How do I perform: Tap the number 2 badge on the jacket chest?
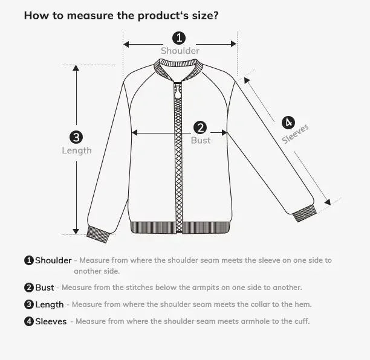[201, 127]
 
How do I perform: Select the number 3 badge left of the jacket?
[76, 137]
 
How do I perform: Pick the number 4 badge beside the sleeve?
[288, 122]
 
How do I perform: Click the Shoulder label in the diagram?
[180, 51]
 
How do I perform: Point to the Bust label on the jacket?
[201, 140]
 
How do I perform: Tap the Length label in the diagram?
[77, 150]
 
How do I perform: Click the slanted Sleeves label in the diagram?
[296, 134]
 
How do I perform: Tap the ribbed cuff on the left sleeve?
[98, 233]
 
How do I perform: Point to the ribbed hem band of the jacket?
[180, 228]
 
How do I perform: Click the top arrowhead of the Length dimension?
[76, 68]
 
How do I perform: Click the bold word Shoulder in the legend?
[53, 260]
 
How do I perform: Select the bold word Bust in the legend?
[45, 288]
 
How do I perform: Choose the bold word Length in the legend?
[49, 304]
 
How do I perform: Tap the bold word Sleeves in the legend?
[51, 321]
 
